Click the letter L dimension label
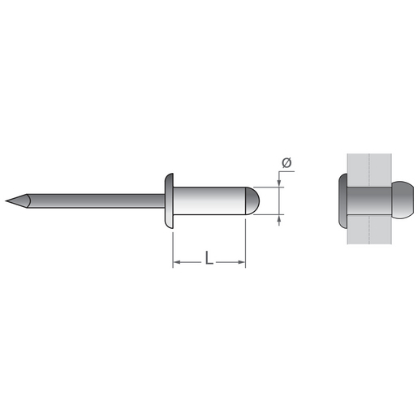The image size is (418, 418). [x=209, y=257]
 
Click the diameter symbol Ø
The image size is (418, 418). [x=287, y=163]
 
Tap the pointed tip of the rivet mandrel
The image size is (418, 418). [x=6, y=200]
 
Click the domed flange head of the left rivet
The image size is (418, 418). [x=169, y=200]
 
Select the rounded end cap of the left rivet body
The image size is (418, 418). [x=252, y=200]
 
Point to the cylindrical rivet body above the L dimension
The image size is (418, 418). [x=209, y=200]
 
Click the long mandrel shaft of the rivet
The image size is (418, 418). [x=96, y=200]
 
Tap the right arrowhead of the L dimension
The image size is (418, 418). [x=242, y=262]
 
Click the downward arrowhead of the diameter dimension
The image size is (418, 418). [x=279, y=183]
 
